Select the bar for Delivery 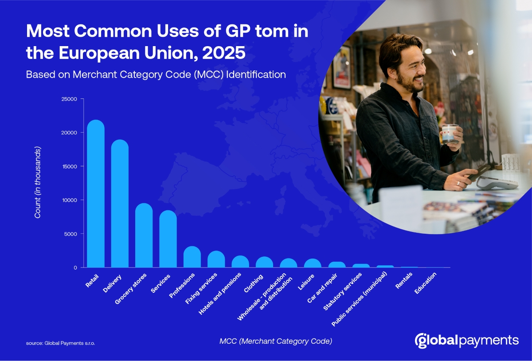120,204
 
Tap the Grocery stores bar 144,235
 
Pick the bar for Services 168,239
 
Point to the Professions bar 192,257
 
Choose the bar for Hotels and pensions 240,262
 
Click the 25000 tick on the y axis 70,99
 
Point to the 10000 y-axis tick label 70,200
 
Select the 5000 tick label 71,234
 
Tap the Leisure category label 307,283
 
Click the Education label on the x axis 426,283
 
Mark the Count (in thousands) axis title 38,182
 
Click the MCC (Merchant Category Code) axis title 275,341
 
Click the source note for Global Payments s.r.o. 60,343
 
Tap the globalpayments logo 466,341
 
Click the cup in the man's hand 450,133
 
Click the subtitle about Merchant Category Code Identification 156,75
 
